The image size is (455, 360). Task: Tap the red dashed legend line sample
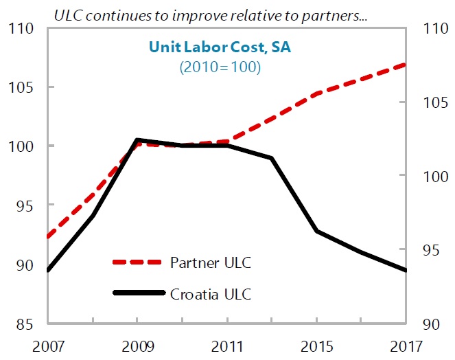click(x=139, y=262)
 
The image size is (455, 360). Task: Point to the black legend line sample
click(x=139, y=294)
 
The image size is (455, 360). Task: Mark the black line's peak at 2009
click(x=137, y=140)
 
